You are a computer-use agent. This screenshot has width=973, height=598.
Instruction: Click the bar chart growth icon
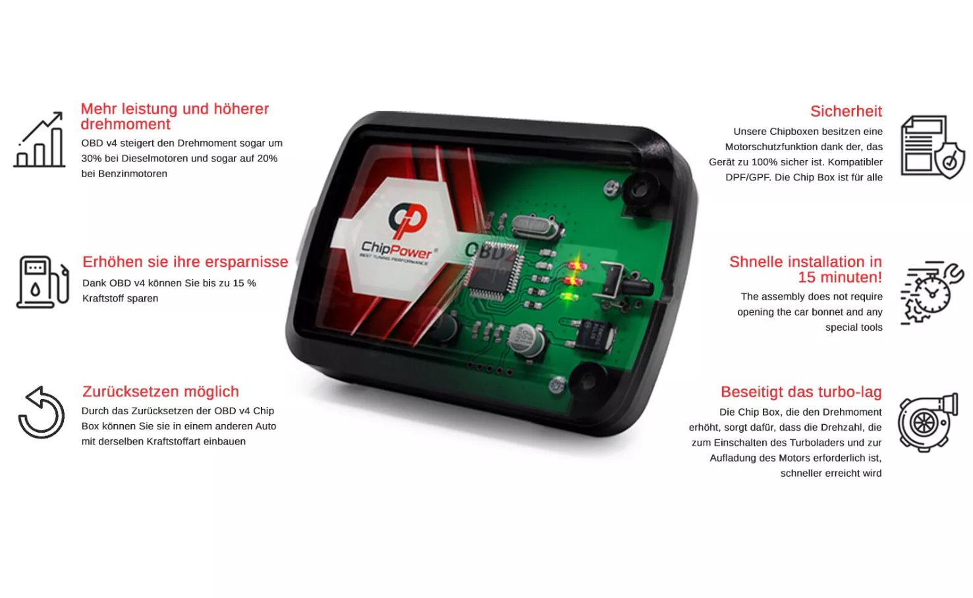[39, 140]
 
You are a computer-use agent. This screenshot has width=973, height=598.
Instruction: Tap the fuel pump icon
[43, 283]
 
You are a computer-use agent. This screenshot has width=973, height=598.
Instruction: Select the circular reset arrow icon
[41, 412]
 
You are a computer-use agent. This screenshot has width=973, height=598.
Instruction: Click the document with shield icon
[933, 147]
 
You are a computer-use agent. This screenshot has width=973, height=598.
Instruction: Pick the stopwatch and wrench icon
[932, 292]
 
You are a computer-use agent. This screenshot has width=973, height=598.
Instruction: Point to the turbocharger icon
[928, 423]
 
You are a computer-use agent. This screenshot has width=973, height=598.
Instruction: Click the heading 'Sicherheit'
[846, 111]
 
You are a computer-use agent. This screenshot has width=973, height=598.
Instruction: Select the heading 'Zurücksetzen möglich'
[161, 391]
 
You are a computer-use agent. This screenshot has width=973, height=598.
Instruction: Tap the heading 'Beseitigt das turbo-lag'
[801, 392]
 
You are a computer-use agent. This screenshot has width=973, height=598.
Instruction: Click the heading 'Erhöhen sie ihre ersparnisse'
[185, 262]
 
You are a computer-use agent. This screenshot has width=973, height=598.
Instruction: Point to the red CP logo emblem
[408, 220]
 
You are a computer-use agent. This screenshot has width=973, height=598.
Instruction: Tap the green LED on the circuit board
[569, 297]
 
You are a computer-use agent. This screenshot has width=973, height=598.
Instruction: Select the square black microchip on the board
[495, 270]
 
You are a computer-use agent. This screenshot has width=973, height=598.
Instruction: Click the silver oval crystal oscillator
[534, 227]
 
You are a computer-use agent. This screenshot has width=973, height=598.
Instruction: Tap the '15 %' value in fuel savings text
[244, 283]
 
